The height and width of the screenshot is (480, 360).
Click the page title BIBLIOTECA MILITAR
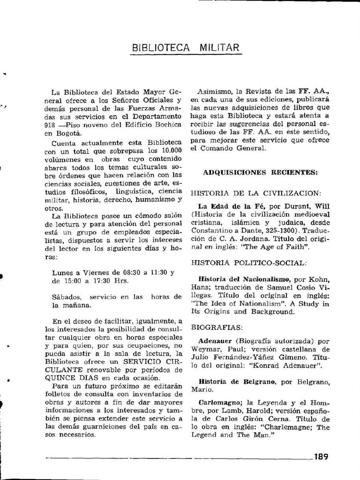point(186,47)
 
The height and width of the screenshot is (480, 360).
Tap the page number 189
point(321,456)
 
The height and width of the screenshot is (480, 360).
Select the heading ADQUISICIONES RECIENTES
point(260,172)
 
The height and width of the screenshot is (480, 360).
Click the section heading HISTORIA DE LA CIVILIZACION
point(256,193)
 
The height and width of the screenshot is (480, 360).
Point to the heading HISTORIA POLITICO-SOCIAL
point(249,262)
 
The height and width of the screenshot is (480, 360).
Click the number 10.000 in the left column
point(172,150)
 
